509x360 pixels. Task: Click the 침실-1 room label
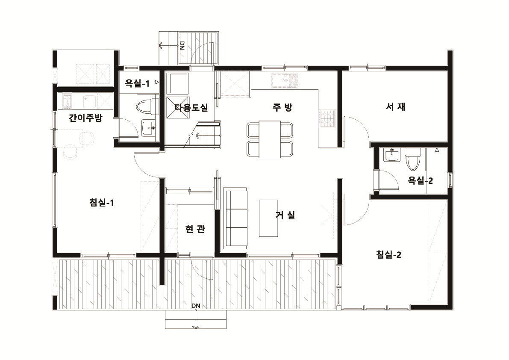click(102, 203)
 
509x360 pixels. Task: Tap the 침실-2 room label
click(388, 254)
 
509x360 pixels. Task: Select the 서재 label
click(395, 106)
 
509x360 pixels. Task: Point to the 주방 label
click(282, 107)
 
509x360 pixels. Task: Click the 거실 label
click(285, 215)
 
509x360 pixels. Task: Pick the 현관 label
click(195, 229)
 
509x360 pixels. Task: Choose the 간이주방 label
click(86, 117)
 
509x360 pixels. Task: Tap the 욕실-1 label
click(137, 84)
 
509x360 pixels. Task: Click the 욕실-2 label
click(421, 180)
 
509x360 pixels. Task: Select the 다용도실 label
click(191, 107)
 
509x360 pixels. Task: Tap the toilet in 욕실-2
click(413, 159)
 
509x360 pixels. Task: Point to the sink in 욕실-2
click(392, 155)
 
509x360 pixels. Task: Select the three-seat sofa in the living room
click(235, 218)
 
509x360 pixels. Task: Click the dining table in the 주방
click(270, 139)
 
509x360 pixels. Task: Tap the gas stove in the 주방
click(327, 118)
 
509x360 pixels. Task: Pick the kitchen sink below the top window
click(285, 81)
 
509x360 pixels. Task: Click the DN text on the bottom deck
click(196, 306)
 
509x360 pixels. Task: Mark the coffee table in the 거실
click(268, 218)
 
